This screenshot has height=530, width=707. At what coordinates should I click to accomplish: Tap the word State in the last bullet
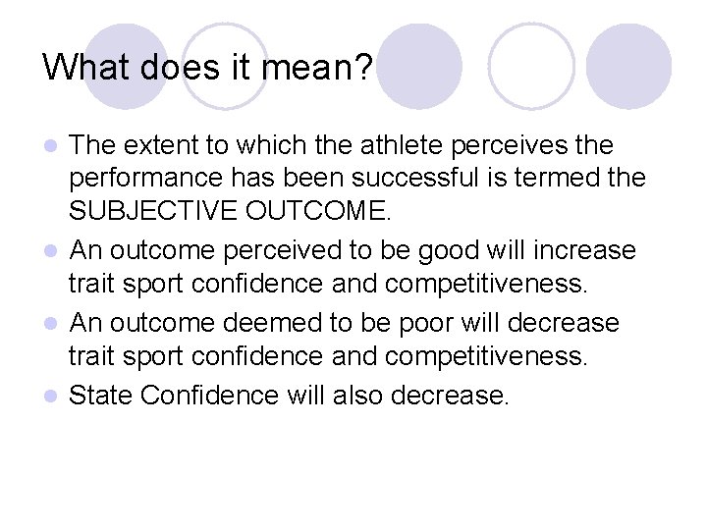click(x=101, y=395)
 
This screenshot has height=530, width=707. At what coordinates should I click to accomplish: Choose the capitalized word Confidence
click(x=210, y=395)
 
